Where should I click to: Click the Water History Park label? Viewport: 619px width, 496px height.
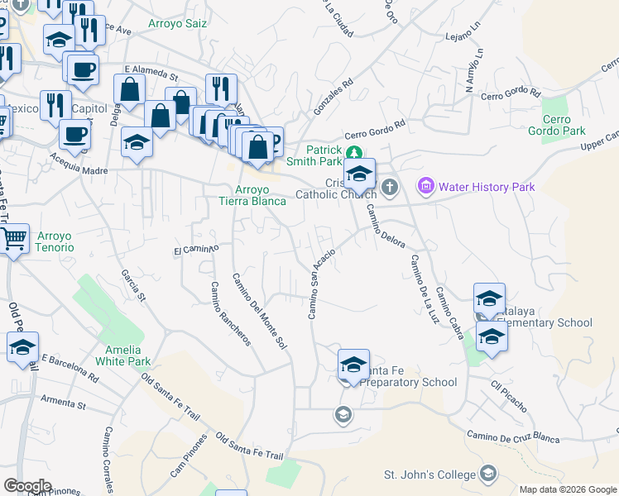click(x=487, y=187)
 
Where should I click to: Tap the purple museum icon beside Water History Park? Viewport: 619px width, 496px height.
click(x=427, y=186)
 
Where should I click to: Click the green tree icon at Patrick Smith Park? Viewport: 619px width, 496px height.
click(x=354, y=151)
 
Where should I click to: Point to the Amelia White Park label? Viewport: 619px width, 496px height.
click(x=122, y=355)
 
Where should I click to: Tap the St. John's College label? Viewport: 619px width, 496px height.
click(x=429, y=475)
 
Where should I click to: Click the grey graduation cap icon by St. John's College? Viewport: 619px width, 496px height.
click(x=488, y=474)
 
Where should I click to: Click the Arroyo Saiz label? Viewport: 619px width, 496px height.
click(x=177, y=24)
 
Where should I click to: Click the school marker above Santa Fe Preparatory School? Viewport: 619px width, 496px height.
click(x=353, y=364)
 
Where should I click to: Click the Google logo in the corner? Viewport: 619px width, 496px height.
click(x=28, y=486)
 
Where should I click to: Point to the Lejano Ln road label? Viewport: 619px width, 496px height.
click(x=462, y=37)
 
